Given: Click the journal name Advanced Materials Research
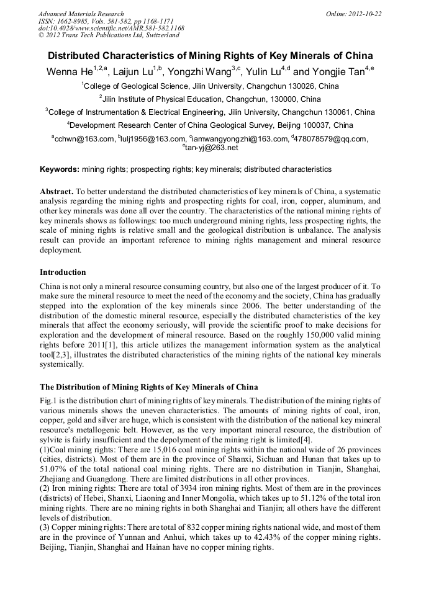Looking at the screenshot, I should click(81, 13).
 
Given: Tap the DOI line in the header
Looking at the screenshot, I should click(111, 28).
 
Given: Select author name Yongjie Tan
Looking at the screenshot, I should click(338, 73).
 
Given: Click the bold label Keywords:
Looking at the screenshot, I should click(60, 169).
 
